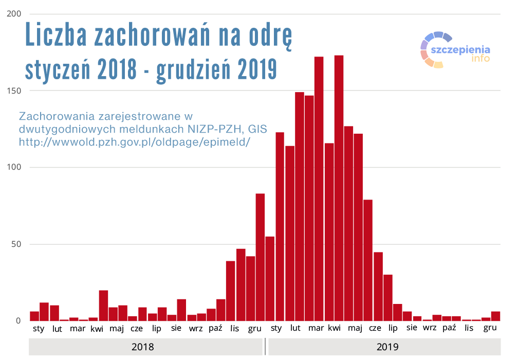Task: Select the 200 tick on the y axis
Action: pyautogui.click(x=14, y=14)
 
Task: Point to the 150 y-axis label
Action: pyautogui.click(x=14, y=91)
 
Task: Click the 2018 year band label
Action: pyautogui.click(x=142, y=347)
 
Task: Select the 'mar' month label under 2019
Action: pyautogui.click(x=316, y=329)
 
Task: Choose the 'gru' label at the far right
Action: pyautogui.click(x=490, y=329)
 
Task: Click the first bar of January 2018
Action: pyautogui.click(x=34, y=316)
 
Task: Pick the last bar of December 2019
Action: pyautogui.click(x=495, y=316)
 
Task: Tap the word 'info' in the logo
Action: pyautogui.click(x=480, y=58)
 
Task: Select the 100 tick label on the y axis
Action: pyautogui.click(x=14, y=168)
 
